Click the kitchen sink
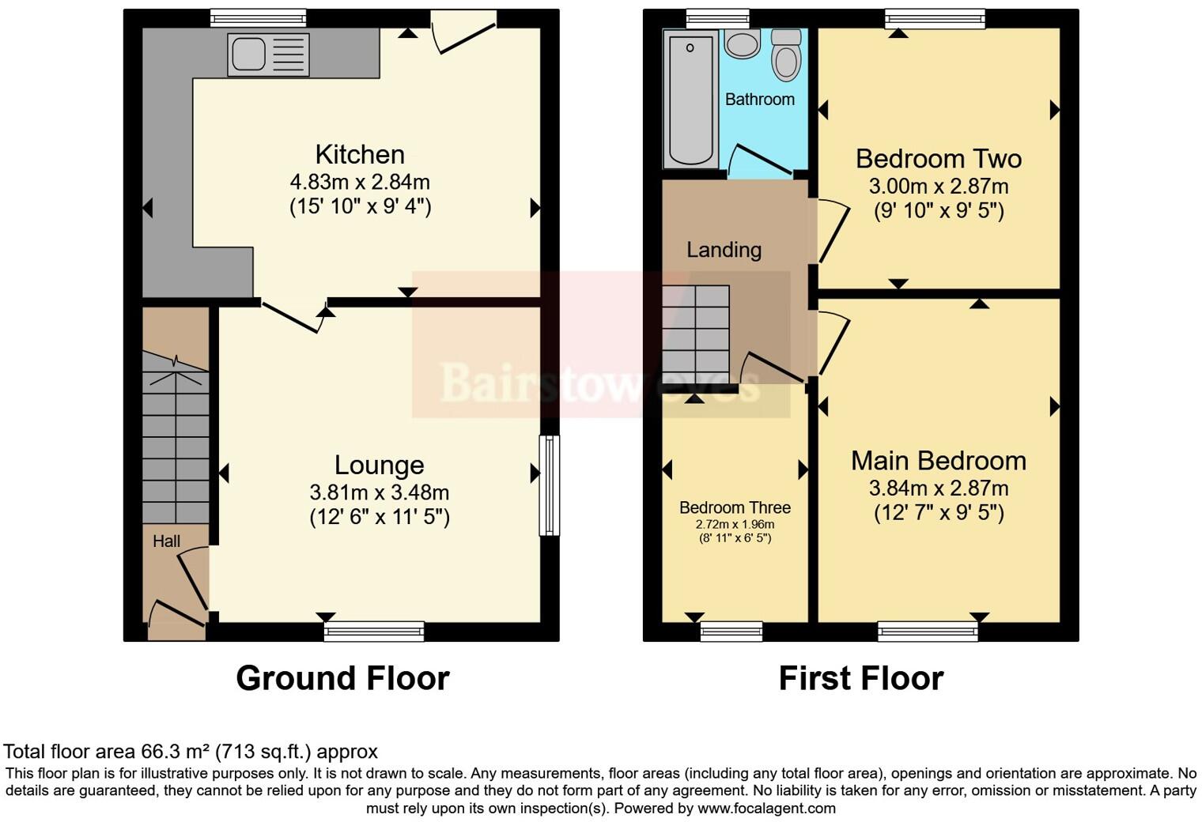267,55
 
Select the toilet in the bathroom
785,55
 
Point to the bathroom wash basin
742,43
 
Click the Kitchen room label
360,154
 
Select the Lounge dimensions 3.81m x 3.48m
380,492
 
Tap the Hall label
166,541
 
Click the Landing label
724,250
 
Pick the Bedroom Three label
735,507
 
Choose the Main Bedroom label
939,461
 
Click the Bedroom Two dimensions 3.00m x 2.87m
939,187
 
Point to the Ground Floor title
342,678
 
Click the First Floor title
861,678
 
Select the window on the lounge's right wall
549,485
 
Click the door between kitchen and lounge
293,315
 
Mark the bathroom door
759,161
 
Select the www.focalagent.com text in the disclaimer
766,808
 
